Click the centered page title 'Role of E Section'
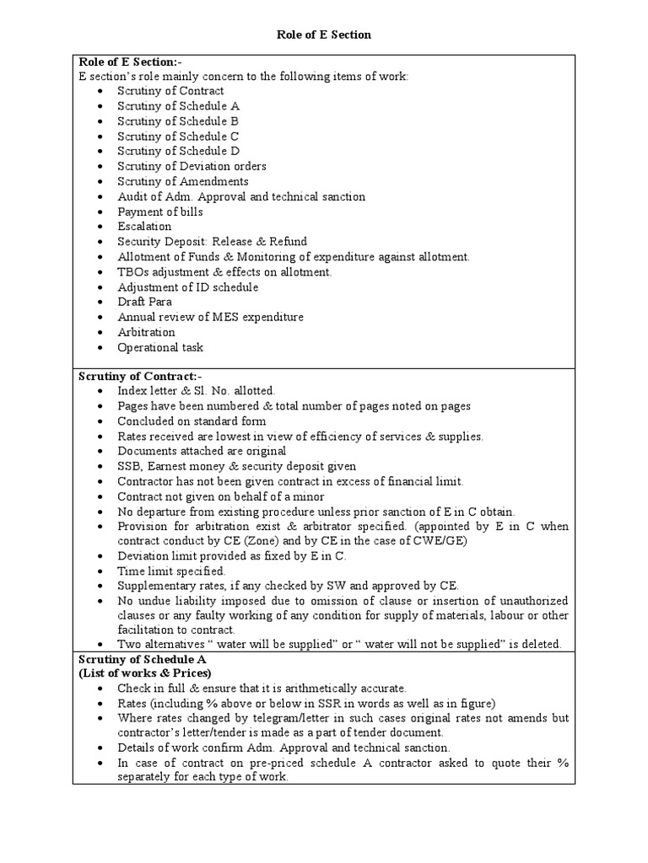tap(324, 35)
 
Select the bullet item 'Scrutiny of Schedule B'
tap(178, 121)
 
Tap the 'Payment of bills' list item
tap(160, 212)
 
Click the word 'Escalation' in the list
tap(144, 227)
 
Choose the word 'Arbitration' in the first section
tap(146, 332)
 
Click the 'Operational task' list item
tap(160, 347)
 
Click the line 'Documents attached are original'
tap(202, 452)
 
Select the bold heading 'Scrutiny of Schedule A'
tap(142, 659)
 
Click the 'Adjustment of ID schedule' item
tap(187, 287)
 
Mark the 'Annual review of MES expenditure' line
tap(210, 317)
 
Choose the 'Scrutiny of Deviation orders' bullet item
tap(192, 166)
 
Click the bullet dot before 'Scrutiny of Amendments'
tap(100, 182)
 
